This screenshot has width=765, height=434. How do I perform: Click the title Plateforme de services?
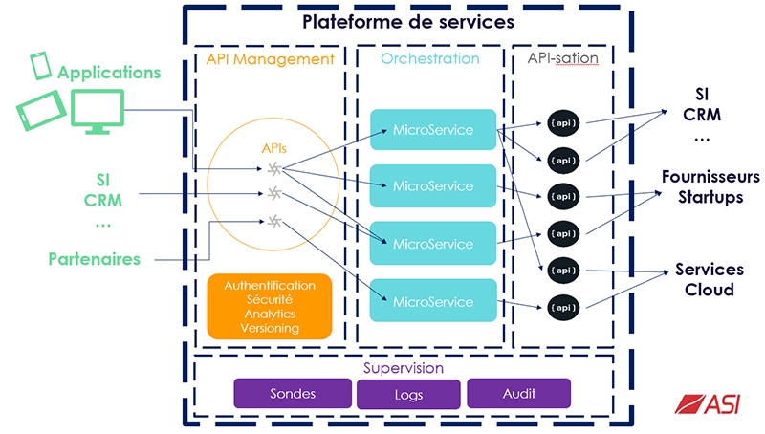point(408,21)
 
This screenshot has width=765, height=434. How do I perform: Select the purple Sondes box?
point(293,393)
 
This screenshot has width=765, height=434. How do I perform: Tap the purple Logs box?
point(407,394)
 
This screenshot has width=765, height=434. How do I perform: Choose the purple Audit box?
point(518,393)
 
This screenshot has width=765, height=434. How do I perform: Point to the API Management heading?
point(271,59)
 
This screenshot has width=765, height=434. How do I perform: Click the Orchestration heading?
point(430,59)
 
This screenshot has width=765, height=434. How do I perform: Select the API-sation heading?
point(563,59)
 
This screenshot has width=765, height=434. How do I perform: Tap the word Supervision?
point(404,367)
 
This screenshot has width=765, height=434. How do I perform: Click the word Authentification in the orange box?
point(270,286)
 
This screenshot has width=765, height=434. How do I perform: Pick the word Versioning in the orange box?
point(270,328)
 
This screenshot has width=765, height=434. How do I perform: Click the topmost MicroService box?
point(433,129)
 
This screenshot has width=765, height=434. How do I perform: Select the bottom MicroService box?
point(433,301)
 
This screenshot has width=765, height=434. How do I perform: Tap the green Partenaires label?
point(95,259)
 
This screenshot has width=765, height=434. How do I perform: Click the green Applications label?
point(110,73)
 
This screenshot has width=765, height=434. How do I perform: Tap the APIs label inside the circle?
point(274,148)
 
